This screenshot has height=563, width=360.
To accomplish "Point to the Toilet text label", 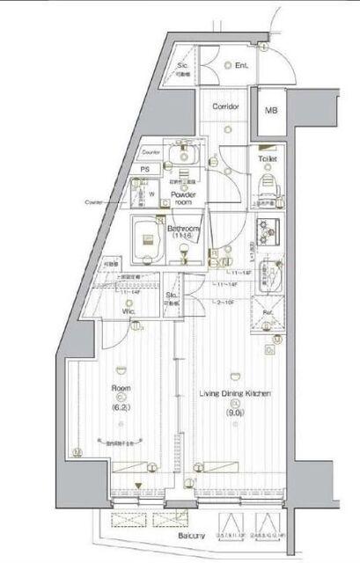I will [x=268, y=159].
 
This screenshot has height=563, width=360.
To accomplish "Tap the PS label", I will [x=146, y=172].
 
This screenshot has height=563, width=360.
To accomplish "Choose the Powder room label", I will [x=182, y=197].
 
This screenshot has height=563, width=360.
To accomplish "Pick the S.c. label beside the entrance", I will [x=185, y=66].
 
